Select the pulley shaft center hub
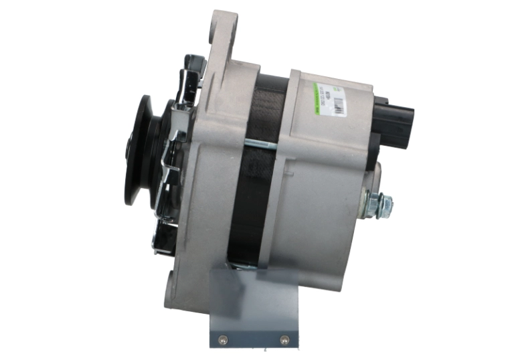click(128, 151)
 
